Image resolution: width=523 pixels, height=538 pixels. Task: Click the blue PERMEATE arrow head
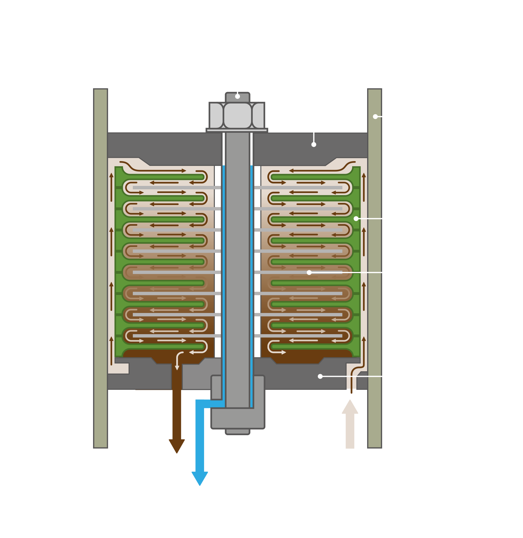200,478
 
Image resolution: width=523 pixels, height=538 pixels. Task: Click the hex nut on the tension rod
237,116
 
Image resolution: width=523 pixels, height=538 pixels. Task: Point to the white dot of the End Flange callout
314,145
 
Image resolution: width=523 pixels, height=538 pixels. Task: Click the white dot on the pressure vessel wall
375,117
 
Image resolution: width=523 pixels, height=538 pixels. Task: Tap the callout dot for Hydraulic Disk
356,219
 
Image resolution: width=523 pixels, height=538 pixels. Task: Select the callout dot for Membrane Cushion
309,273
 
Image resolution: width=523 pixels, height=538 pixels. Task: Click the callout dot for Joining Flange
320,376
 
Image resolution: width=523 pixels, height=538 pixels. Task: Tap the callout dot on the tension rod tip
237,97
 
